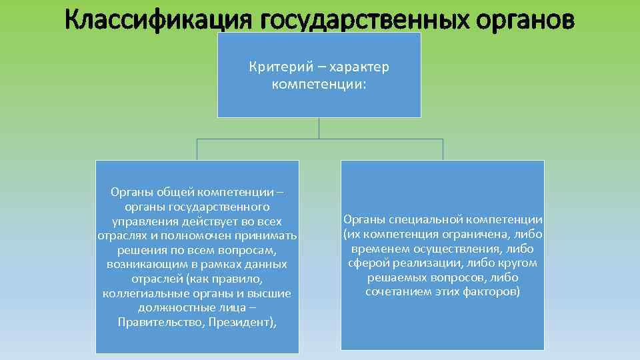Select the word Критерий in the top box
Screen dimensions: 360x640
(x=273, y=67)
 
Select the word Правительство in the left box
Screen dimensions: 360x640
(x=155, y=323)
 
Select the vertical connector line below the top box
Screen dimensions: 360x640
(x=319, y=128)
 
